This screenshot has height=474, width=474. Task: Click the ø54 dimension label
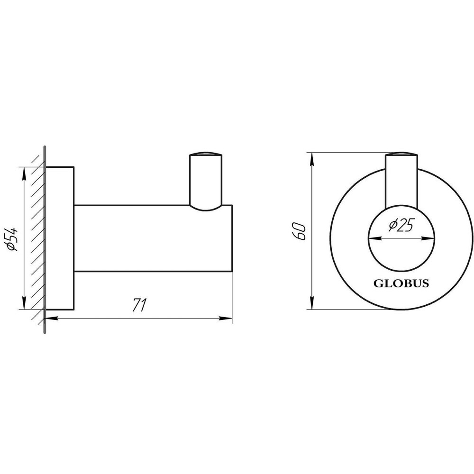coord(13,239)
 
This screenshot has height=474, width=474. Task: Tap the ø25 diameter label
coord(401,226)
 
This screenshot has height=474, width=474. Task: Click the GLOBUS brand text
coord(401,284)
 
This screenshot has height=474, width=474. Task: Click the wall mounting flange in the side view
coord(60,238)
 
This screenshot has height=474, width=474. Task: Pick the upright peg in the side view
coord(205,182)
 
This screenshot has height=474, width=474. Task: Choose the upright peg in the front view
coord(401,182)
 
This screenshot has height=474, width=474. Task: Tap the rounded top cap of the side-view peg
coord(205,155)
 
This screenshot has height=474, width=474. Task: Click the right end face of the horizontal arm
coord(231,238)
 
